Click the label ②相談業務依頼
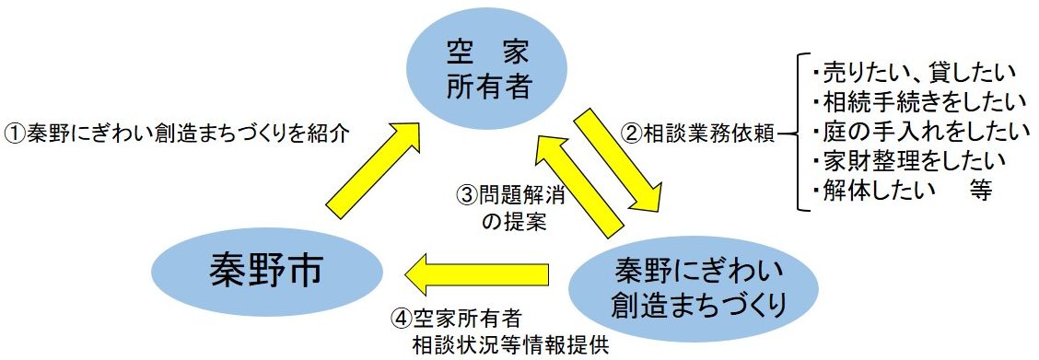pos(697,133)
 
